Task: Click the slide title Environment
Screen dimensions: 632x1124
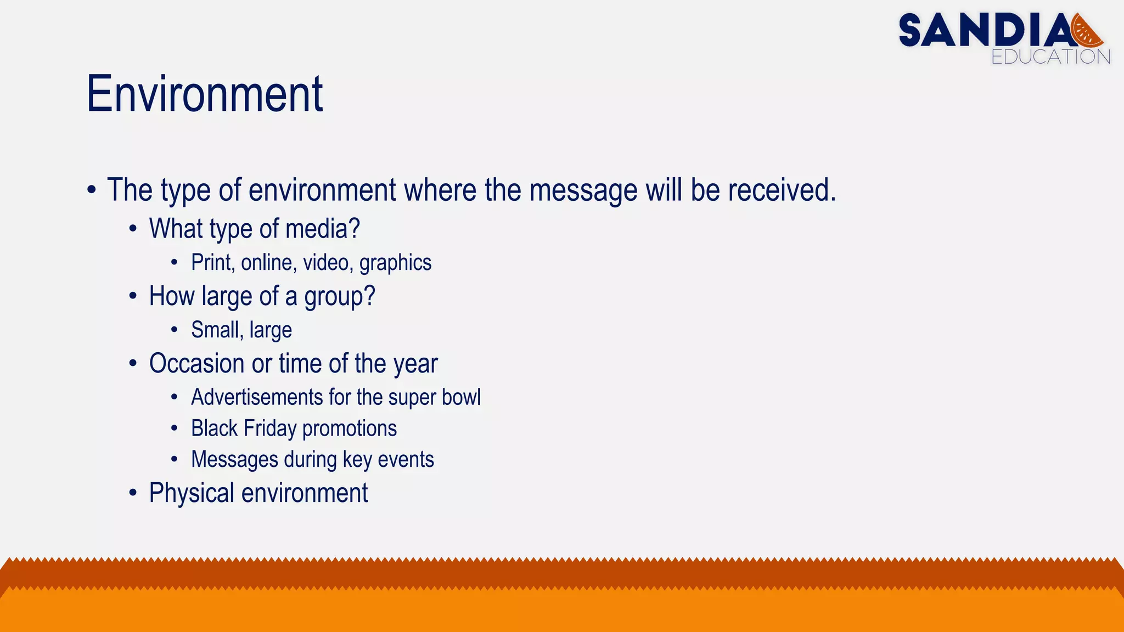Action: pos(205,94)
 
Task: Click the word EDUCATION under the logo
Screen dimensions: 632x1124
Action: pos(1050,57)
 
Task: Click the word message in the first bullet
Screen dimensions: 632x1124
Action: pos(583,190)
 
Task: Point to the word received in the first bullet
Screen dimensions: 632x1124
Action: pos(782,190)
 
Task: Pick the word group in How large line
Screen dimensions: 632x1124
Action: pos(339,297)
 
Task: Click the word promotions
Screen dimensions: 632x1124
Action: pos(349,428)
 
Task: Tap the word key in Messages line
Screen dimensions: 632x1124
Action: pos(357,460)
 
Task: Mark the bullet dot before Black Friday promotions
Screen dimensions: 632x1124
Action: pos(174,428)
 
